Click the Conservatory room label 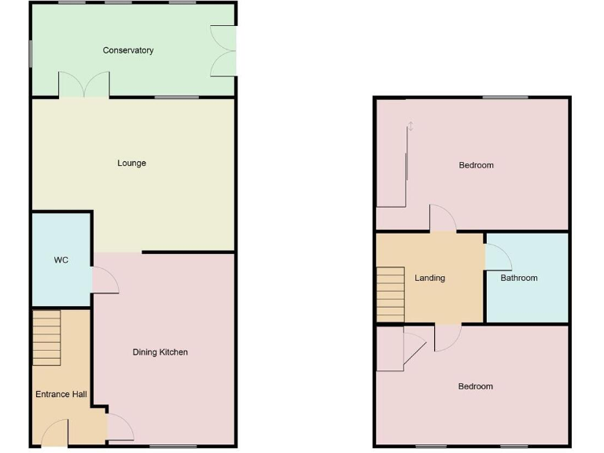(128, 50)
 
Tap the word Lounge (132, 164)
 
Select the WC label (61, 260)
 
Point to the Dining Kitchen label (160, 352)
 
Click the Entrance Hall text (61, 395)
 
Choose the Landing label (430, 278)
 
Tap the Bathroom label (519, 278)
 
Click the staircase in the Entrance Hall (46, 337)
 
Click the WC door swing (104, 280)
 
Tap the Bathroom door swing (497, 256)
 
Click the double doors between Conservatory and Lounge (84, 85)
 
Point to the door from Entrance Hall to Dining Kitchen (119, 427)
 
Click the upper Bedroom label (476, 165)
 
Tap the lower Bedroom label (476, 386)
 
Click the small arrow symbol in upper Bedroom (411, 126)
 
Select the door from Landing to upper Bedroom (443, 218)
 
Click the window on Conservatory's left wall (31, 54)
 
